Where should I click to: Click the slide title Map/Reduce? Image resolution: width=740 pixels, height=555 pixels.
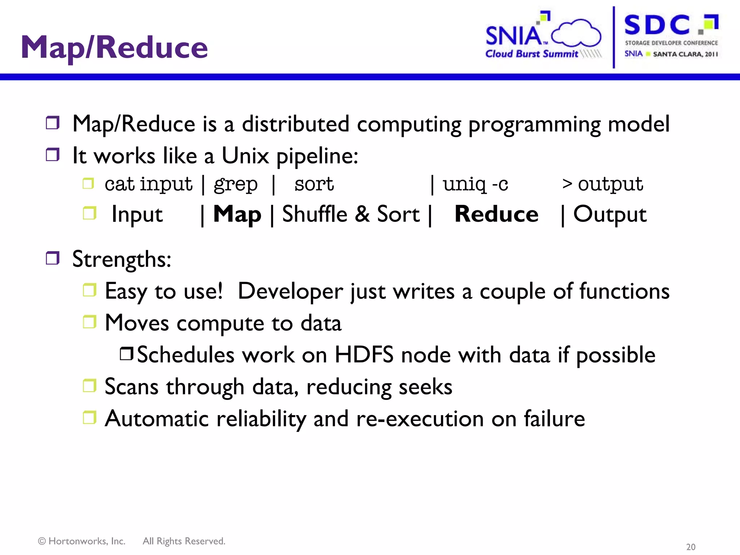[x=114, y=48]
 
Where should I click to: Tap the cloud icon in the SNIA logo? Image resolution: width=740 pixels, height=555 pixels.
[x=577, y=33]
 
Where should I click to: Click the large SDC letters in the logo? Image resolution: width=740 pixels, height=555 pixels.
[x=657, y=25]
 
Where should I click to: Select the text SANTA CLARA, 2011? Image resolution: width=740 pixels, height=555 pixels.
[x=685, y=54]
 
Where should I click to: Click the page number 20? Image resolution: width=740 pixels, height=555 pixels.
[x=690, y=547]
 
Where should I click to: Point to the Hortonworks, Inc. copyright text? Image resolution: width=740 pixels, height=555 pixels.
[x=82, y=541]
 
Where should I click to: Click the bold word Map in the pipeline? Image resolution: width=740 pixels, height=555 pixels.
[x=237, y=214]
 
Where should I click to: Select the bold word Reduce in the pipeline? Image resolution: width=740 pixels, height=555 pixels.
[x=496, y=214]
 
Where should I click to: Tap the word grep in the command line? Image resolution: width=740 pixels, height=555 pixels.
[x=236, y=184]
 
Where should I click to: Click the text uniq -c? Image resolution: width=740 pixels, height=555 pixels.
[x=476, y=184]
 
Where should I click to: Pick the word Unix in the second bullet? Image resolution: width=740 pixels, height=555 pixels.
[x=245, y=156]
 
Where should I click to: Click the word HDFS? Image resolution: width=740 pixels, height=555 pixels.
[x=364, y=355]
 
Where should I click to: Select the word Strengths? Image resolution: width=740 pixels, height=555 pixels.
[x=122, y=259]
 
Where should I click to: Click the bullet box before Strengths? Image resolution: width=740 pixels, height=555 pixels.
[x=53, y=258]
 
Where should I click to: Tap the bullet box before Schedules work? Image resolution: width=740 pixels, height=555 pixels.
[x=127, y=354]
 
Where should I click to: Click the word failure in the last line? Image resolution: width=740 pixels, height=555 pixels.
[x=554, y=419]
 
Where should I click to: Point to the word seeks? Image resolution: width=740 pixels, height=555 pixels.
[x=425, y=387]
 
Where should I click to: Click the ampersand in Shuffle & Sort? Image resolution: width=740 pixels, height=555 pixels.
[x=362, y=214]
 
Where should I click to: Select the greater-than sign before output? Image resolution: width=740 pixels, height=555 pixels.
[x=567, y=184]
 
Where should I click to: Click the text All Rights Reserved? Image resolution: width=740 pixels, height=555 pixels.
[x=184, y=541]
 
